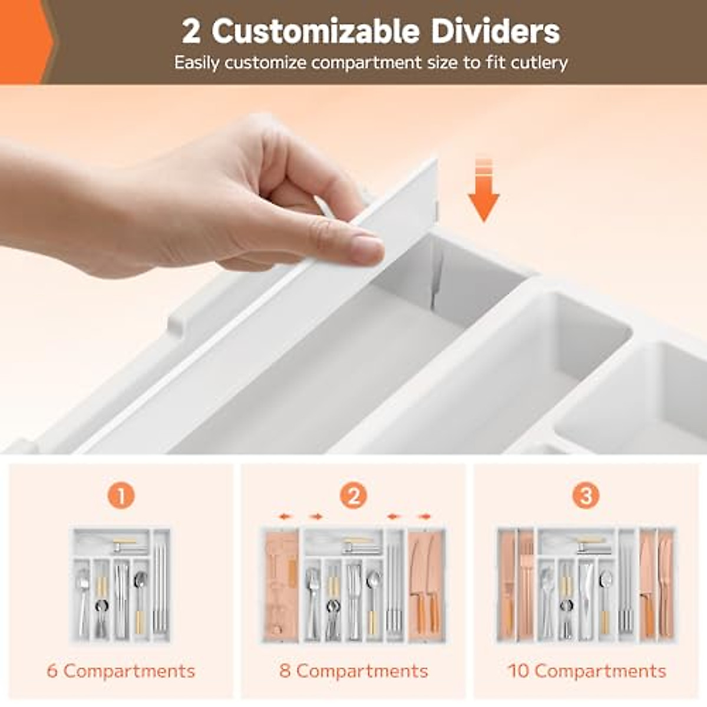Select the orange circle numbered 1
click(x=121, y=496)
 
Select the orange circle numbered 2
click(x=353, y=496)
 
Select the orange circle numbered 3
click(x=586, y=496)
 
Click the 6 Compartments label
click(x=121, y=670)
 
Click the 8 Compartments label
click(x=353, y=670)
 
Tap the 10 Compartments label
click(x=587, y=670)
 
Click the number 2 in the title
click(x=191, y=31)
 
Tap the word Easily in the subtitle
click(x=197, y=62)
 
